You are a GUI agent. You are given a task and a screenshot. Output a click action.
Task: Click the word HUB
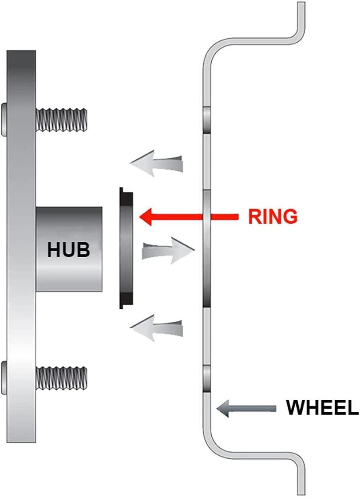(68, 249)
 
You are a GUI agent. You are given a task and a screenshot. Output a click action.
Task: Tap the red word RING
(273, 217)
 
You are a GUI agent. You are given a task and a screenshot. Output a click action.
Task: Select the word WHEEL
(322, 408)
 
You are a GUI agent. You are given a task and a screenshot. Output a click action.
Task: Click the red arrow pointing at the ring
(189, 217)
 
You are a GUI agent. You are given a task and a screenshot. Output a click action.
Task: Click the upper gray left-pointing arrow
(157, 162)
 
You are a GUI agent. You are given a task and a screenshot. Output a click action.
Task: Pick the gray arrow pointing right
(168, 250)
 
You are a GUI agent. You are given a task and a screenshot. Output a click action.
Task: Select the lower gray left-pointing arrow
(157, 328)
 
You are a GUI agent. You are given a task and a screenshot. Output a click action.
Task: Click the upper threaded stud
(61, 120)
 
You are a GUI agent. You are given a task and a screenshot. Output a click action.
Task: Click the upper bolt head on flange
(4, 119)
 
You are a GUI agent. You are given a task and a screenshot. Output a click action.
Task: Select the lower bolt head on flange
(4, 378)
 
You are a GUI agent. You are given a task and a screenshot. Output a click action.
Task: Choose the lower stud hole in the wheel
(206, 379)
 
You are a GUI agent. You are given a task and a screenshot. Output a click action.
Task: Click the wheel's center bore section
(206, 249)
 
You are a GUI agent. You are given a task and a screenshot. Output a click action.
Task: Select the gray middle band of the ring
(127, 248)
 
